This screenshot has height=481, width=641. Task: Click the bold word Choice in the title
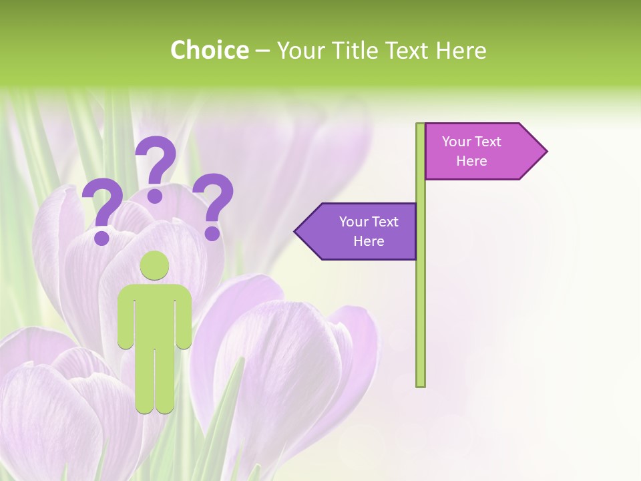[x=209, y=50]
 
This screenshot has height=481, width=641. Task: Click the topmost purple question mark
[x=156, y=167]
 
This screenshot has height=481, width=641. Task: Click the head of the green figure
[x=155, y=267]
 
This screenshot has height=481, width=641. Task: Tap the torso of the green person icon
[x=155, y=314]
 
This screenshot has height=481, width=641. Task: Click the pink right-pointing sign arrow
[x=481, y=151]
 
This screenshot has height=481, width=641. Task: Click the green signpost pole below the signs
[x=421, y=321]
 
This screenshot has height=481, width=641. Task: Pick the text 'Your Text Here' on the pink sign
[x=471, y=151]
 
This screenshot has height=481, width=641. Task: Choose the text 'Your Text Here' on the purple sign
[x=369, y=231]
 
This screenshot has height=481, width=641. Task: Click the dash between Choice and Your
[x=262, y=51]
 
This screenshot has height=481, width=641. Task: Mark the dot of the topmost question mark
[x=156, y=196]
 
